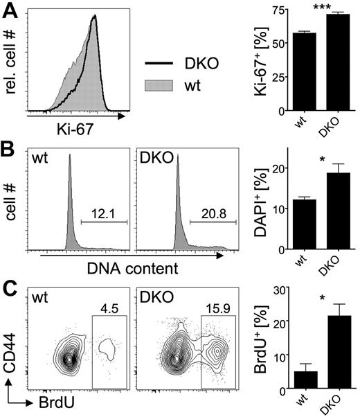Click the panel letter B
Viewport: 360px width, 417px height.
tap(10, 150)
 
